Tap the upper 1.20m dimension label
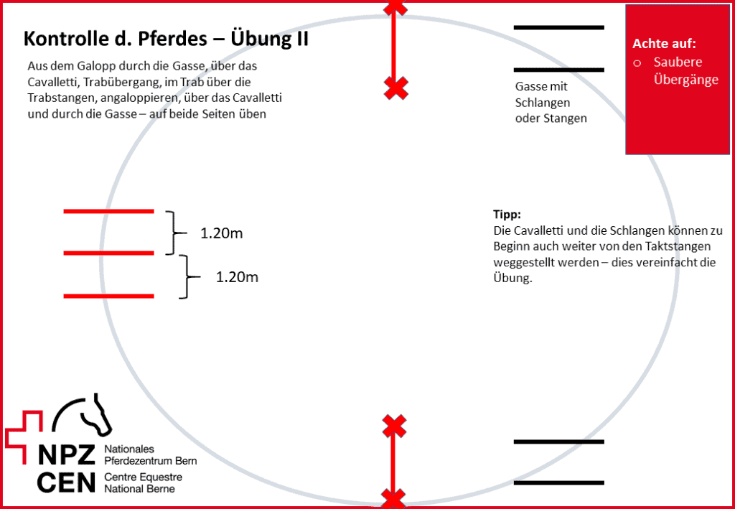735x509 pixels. (222, 233)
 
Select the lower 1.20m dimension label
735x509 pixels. (237, 277)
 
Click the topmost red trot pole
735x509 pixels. (109, 211)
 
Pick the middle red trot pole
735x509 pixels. (109, 253)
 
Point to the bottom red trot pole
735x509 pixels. (109, 296)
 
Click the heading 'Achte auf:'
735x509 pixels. (664, 44)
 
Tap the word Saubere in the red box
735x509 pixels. (678, 62)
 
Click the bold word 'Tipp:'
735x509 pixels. (507, 215)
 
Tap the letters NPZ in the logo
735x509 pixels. (67, 455)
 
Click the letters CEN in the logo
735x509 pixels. (67, 482)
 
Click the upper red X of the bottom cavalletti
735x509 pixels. (394, 426)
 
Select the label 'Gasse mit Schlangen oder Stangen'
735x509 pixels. (551, 103)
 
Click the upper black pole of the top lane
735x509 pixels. (558, 28)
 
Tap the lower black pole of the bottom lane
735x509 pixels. (558, 482)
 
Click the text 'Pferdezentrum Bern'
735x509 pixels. (151, 461)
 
